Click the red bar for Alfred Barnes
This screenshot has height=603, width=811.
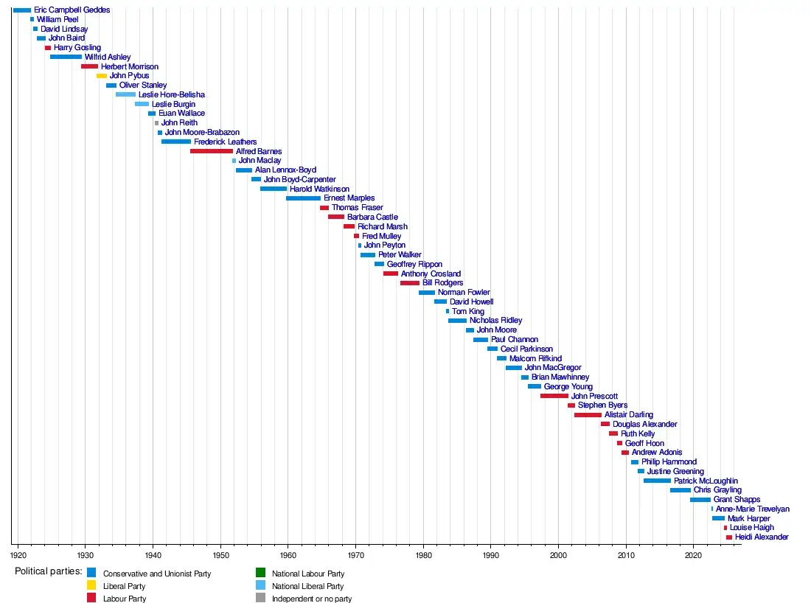[x=212, y=151]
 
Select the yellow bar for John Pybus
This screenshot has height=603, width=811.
[x=102, y=76]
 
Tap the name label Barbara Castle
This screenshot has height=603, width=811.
[x=372, y=217]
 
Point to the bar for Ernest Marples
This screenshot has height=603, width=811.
[x=303, y=198]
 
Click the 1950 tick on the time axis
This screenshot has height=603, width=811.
[x=220, y=554]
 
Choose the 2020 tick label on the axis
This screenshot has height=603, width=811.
[x=693, y=554]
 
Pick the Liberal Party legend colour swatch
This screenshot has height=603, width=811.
[x=91, y=586]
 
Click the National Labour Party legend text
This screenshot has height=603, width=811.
[x=307, y=574]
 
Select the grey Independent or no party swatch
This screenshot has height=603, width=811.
[x=260, y=599]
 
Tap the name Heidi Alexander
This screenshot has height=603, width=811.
[x=762, y=537]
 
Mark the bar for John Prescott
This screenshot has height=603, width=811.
[x=554, y=396]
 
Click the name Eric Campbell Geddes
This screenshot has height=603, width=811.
[x=72, y=10]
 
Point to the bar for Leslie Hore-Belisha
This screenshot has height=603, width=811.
[x=125, y=95]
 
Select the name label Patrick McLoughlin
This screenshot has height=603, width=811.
[x=706, y=481]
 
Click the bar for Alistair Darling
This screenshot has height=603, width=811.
[x=588, y=415]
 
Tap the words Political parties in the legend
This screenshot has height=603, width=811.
[x=48, y=572]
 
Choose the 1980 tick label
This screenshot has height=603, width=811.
[x=423, y=554]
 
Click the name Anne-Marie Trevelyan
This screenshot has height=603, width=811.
[x=752, y=509]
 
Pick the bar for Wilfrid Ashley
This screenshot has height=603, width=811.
[x=66, y=57]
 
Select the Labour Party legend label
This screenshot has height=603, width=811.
[x=125, y=599]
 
